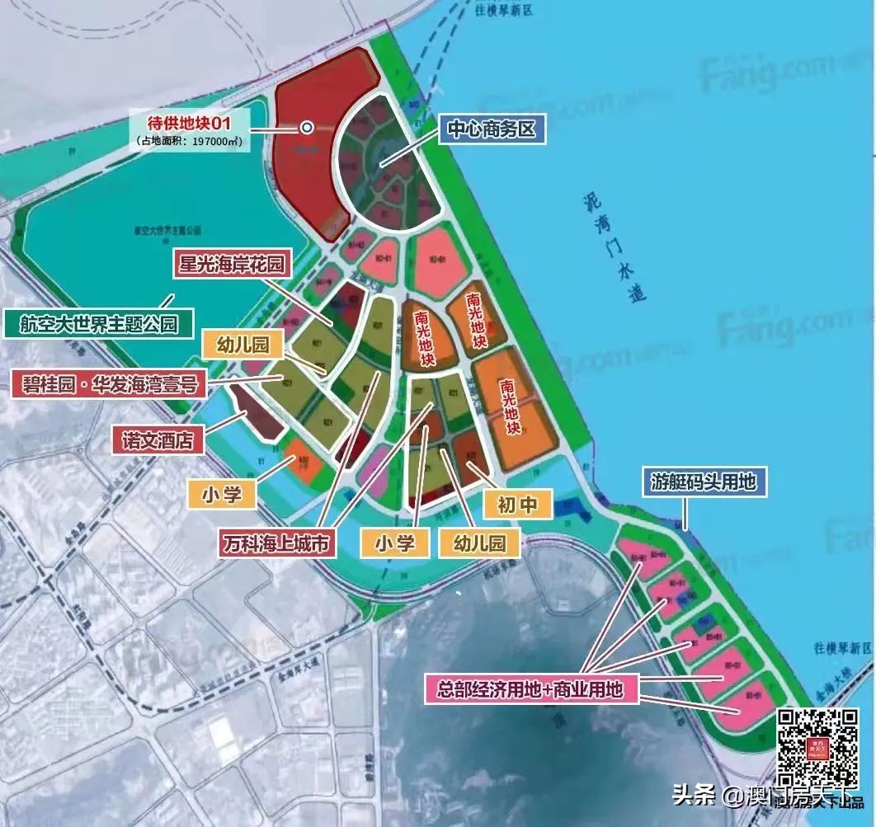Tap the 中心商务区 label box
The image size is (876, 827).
[492, 129]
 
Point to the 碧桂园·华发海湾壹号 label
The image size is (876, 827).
[110, 383]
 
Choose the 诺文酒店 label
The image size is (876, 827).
[157, 440]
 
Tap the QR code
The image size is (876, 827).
[819, 747]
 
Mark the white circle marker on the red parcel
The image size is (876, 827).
[307, 128]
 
